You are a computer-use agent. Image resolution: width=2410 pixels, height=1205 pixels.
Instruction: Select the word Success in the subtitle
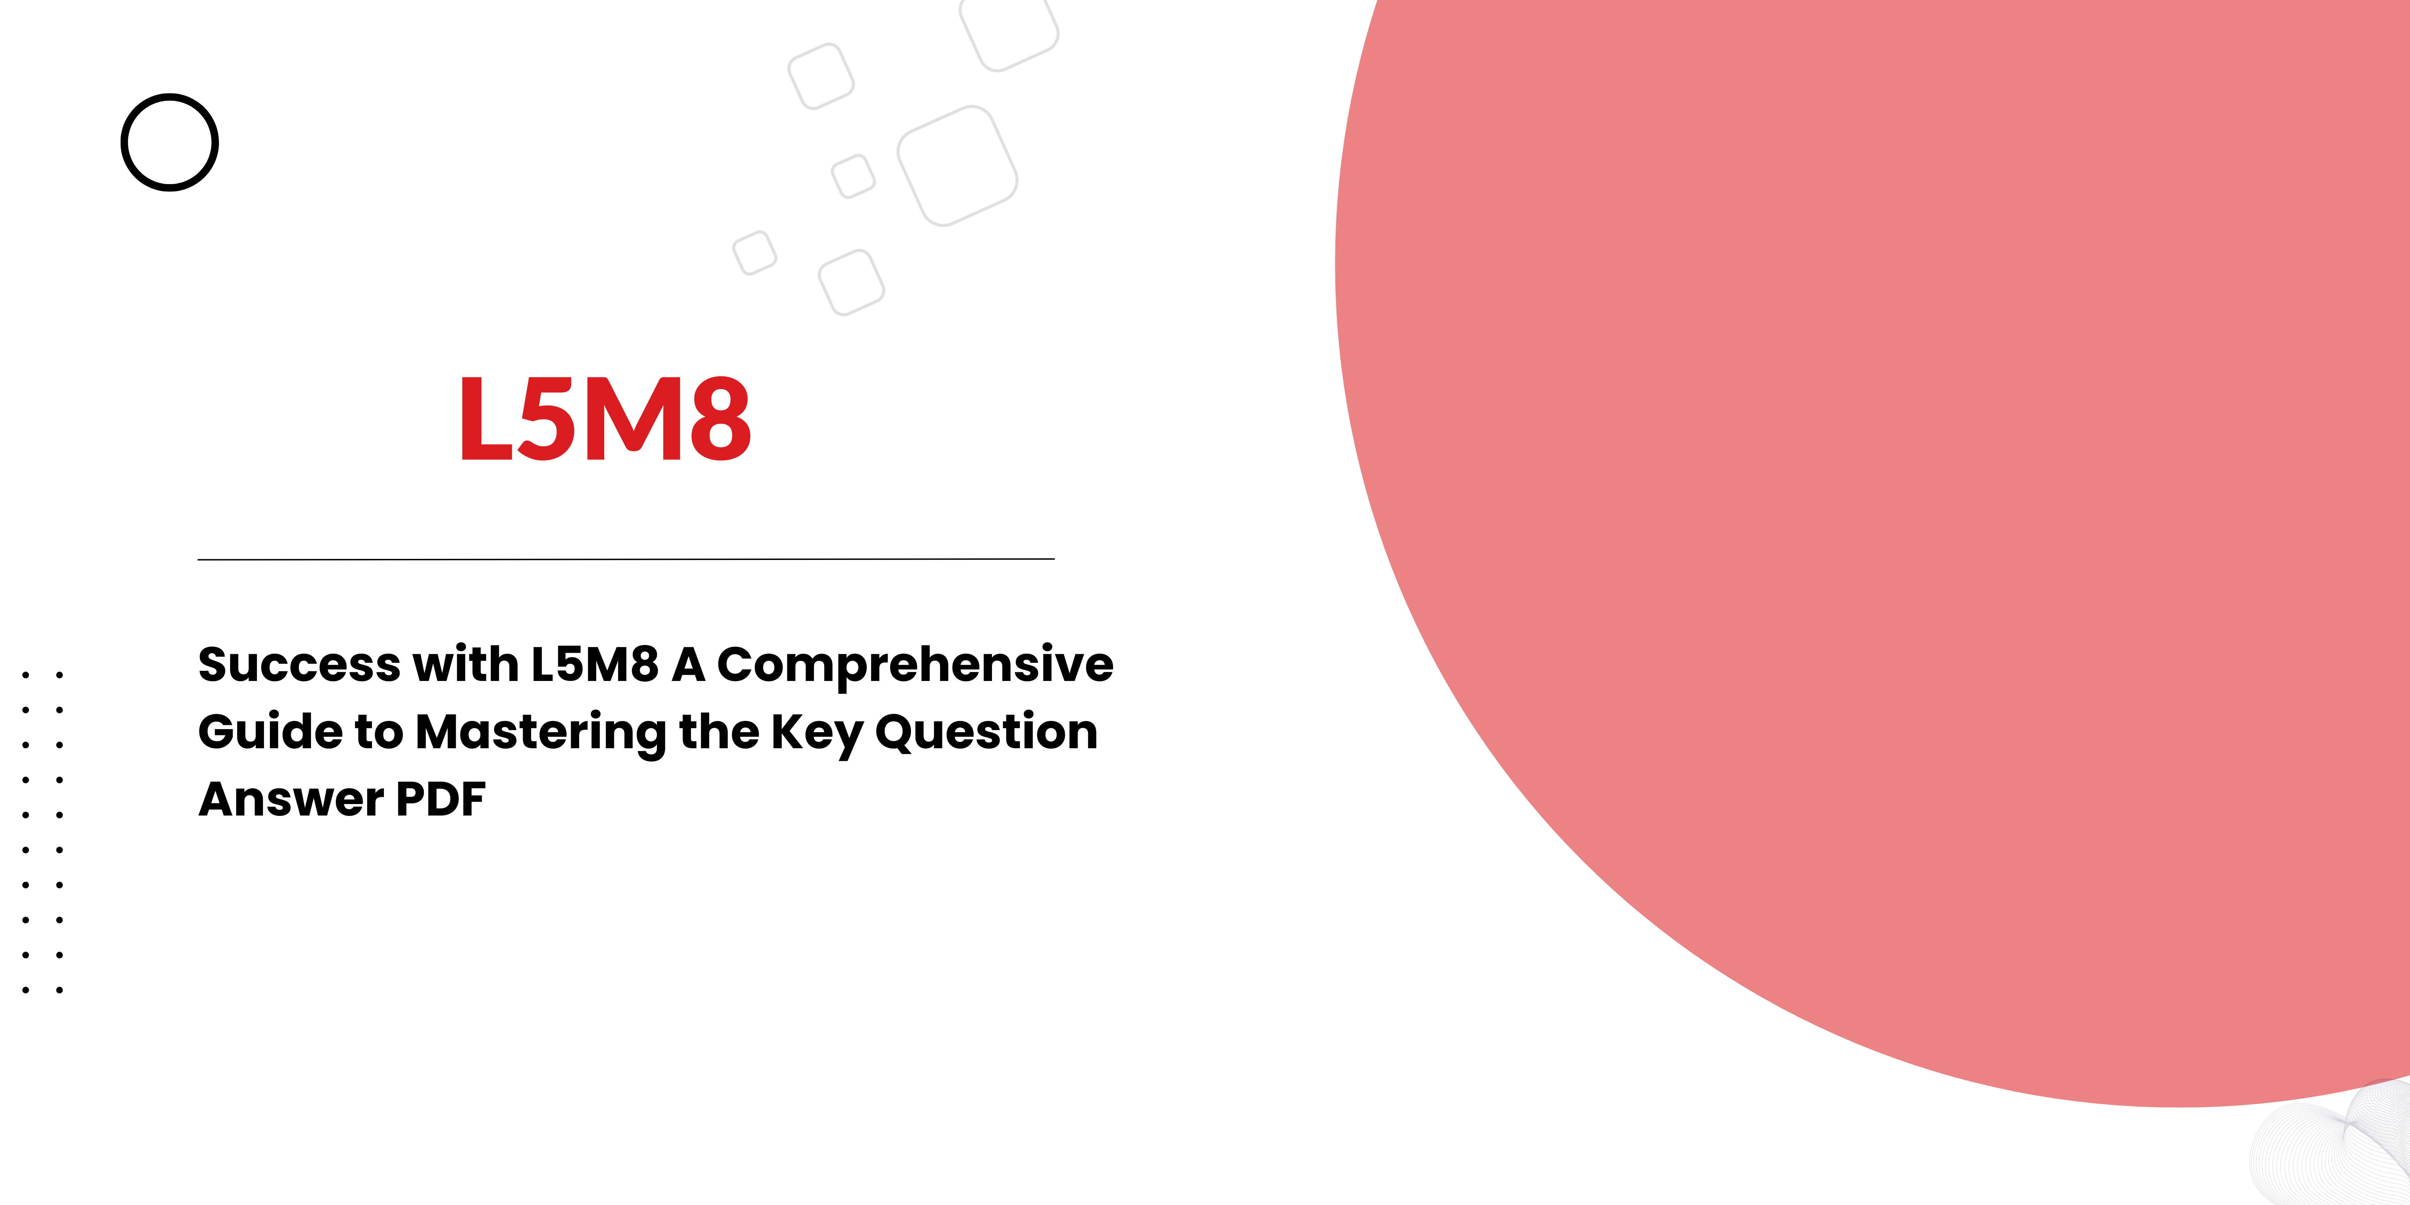pyautogui.click(x=300, y=665)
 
